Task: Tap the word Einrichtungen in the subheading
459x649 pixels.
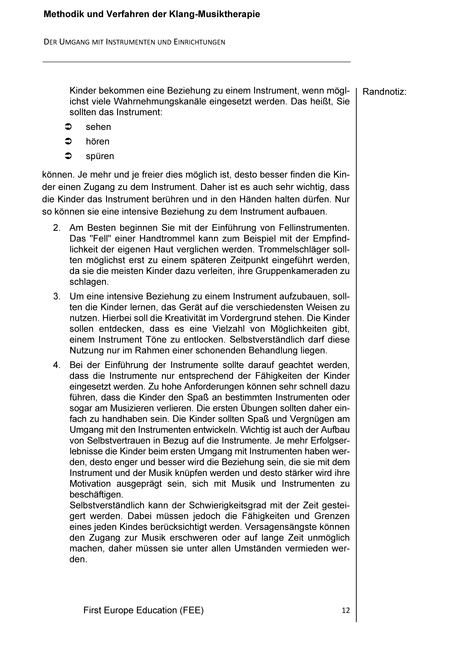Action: coord(200,42)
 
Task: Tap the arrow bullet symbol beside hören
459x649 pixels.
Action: coord(69,141)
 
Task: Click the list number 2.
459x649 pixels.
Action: coord(57,228)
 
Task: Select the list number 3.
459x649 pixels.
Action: coord(57,297)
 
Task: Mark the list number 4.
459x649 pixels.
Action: coord(57,365)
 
